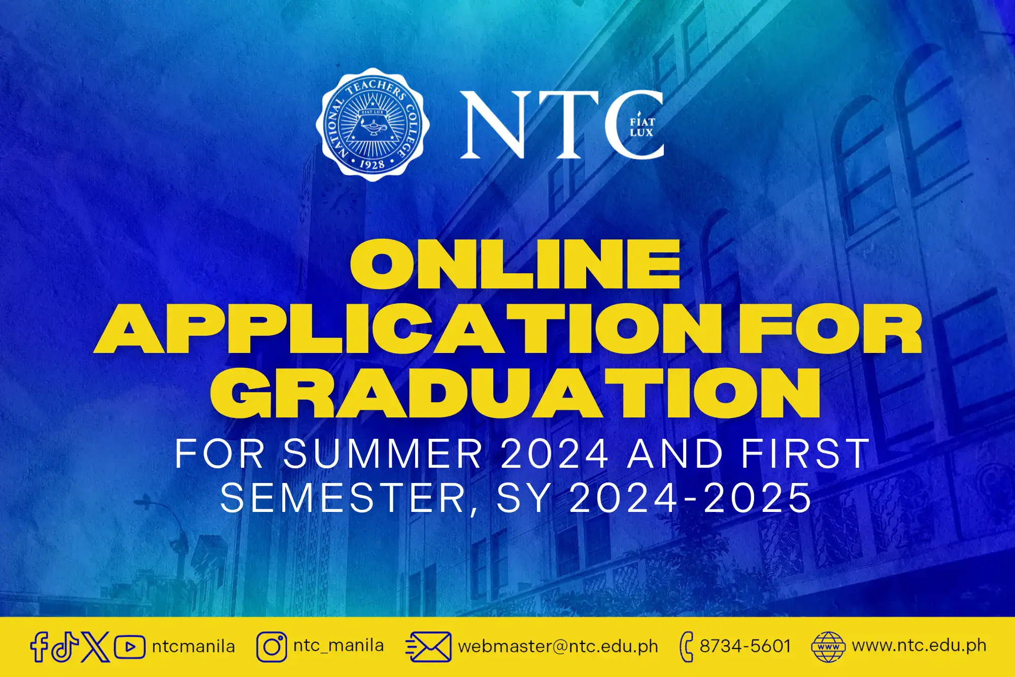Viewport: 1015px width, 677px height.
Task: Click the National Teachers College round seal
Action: (373, 125)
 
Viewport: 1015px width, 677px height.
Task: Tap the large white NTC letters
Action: (562, 125)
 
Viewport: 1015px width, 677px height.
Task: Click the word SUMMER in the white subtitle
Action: (383, 453)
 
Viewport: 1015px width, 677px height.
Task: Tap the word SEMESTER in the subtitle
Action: (343, 498)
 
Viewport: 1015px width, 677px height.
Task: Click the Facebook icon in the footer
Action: (39, 647)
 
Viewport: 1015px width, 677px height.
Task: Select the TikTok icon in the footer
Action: (64, 647)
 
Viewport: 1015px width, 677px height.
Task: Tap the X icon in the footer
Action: (95, 647)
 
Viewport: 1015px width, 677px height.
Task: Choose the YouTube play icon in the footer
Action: (130, 647)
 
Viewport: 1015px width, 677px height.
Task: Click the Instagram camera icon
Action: (272, 647)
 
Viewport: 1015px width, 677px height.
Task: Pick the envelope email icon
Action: (428, 647)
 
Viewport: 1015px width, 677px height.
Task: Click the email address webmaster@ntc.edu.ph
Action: (558, 647)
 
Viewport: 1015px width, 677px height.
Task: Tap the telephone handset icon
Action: (686, 647)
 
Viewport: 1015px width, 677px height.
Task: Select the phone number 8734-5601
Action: (746, 646)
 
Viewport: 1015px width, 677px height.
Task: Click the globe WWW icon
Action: (828, 647)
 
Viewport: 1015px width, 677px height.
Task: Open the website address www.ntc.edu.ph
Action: (919, 646)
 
